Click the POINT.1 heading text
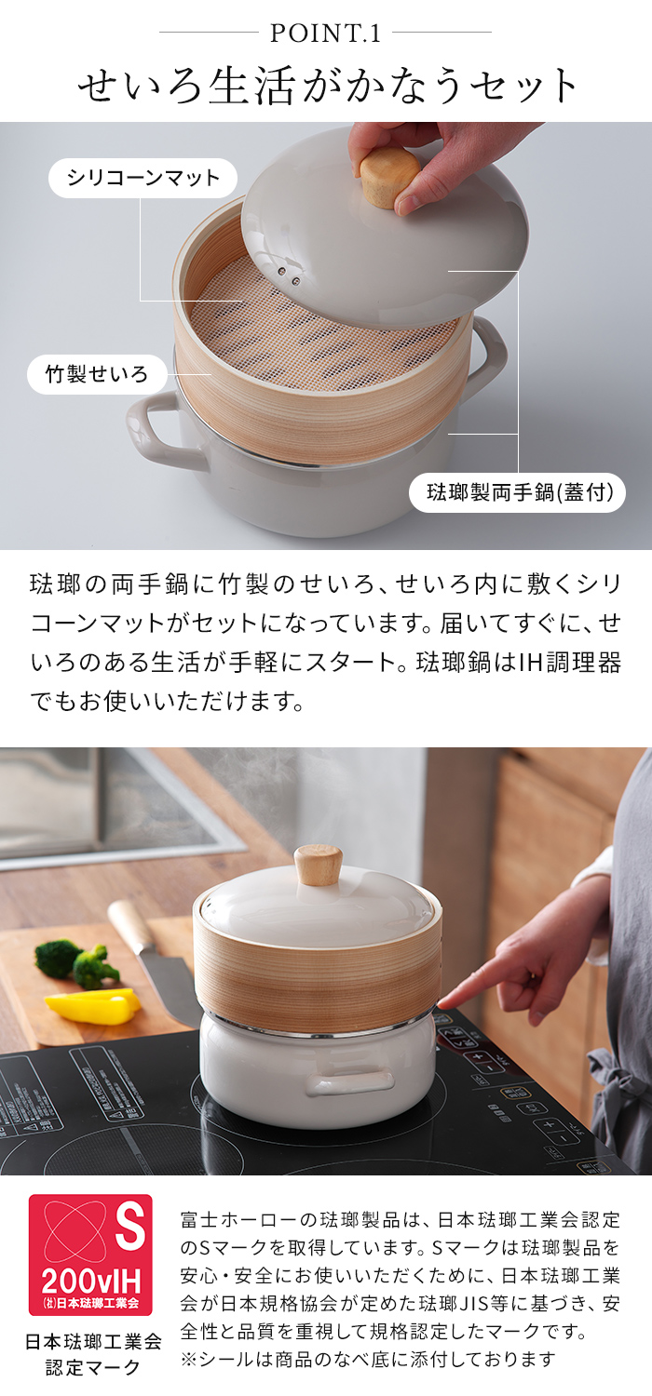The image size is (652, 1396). pyautogui.click(x=325, y=34)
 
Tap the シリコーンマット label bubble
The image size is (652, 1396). pyautogui.click(x=143, y=178)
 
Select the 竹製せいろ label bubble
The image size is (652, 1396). pyautogui.click(x=98, y=375)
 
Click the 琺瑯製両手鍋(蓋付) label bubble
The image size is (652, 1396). pyautogui.click(x=517, y=492)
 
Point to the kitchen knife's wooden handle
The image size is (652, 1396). pyautogui.click(x=131, y=926)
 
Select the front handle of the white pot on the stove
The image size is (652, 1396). pyautogui.click(x=349, y=1081)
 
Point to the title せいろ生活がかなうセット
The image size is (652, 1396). pyautogui.click(x=326, y=86)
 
